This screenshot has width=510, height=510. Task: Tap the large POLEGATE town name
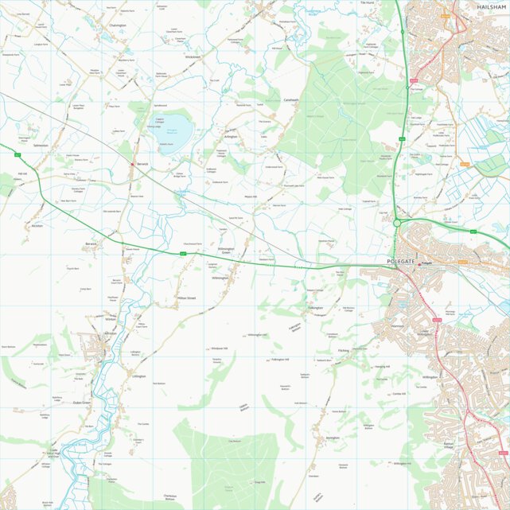tap(402, 262)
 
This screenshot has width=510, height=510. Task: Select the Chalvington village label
tap(118, 25)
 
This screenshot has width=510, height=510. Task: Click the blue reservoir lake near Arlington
tap(176, 127)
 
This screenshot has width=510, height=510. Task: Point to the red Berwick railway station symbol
tap(133, 163)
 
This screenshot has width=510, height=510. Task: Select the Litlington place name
tap(139, 376)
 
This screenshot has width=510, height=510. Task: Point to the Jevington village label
tap(333, 438)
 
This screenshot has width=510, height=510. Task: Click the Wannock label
tap(399, 326)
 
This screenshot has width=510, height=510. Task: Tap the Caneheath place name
tap(292, 100)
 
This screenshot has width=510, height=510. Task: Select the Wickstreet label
tap(193, 57)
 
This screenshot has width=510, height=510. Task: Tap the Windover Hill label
tap(219, 348)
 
